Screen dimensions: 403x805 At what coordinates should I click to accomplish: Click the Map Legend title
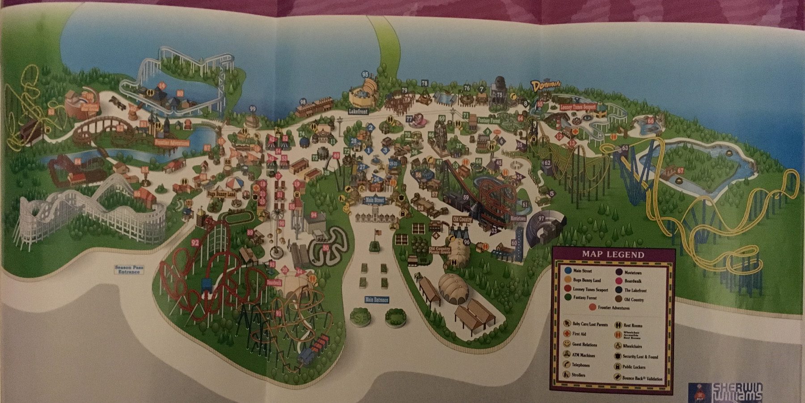point(613,255)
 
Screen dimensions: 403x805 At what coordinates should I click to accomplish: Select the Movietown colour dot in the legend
point(619,272)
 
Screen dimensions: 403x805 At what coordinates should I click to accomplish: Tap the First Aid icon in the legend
point(567,334)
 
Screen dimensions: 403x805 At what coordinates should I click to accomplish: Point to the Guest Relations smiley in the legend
point(567,344)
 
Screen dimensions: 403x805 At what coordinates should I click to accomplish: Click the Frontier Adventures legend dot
point(593,308)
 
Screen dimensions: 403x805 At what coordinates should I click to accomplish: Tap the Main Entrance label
point(377,300)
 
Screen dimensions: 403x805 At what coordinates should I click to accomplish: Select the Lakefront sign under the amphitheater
point(358,111)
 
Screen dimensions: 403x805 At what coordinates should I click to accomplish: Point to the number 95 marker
point(365,74)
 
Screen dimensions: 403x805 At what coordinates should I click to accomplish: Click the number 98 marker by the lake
point(303,102)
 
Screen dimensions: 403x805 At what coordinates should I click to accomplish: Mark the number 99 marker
point(253,108)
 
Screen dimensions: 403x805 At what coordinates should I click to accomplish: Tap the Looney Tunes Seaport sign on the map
point(578,107)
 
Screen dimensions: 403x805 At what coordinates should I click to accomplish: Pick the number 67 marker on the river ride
point(680,171)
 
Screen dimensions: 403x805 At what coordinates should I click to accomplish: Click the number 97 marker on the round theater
point(542,218)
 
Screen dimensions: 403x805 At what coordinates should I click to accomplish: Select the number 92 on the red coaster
point(195,243)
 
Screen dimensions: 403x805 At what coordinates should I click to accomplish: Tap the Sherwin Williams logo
point(733,392)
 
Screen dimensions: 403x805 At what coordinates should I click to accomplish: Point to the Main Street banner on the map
point(375,200)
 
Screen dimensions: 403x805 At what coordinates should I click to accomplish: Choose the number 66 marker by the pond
point(650,121)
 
